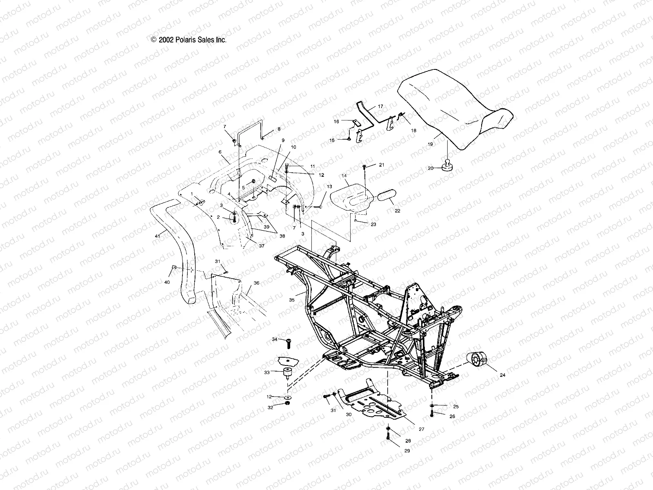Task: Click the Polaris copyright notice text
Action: pyautogui.click(x=189, y=40)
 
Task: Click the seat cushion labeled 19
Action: pyautogui.click(x=453, y=102)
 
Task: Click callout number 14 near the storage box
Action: pyautogui.click(x=344, y=176)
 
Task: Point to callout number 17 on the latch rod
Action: pyautogui.click(x=380, y=106)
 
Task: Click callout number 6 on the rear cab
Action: pyautogui.click(x=220, y=152)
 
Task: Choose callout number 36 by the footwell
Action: pyautogui.click(x=256, y=283)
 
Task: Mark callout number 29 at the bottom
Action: pyautogui.click(x=407, y=451)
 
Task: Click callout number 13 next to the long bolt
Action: pyautogui.click(x=329, y=186)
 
